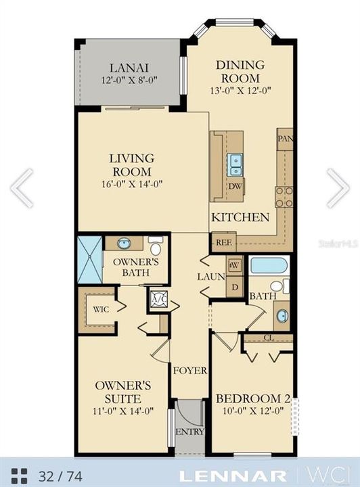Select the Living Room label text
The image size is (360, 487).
(x=132, y=165)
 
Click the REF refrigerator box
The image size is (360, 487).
(x=223, y=241)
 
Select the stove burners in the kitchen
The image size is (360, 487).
(x=284, y=196)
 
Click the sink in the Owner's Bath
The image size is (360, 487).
(x=124, y=243)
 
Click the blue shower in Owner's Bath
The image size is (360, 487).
(x=89, y=258)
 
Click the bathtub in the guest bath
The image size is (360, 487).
(x=268, y=264)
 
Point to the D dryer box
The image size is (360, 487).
(x=234, y=286)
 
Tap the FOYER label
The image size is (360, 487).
(x=185, y=371)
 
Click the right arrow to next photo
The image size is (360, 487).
(x=338, y=187)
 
